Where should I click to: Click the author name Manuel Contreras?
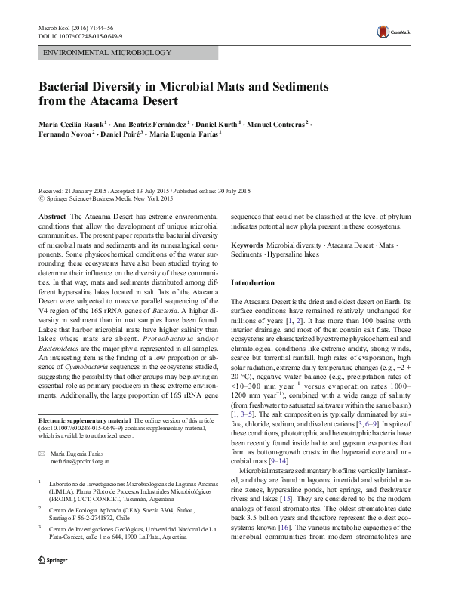[x=279, y=123]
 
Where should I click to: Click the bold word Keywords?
[x=247, y=246]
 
